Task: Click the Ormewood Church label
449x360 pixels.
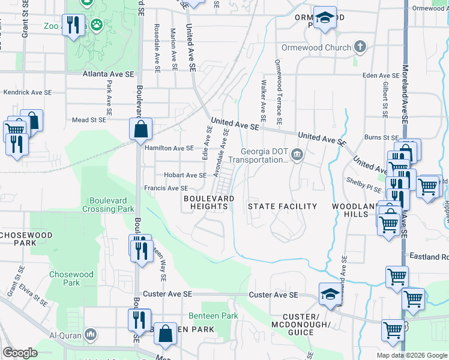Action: [316, 47]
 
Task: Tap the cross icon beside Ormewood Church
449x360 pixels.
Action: [360, 46]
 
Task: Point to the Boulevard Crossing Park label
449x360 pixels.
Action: [111, 205]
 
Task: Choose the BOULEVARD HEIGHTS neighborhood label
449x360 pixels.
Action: [209, 202]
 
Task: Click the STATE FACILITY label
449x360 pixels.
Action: [283, 206]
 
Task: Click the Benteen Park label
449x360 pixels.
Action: [213, 316]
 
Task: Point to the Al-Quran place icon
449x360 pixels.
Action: [90, 334]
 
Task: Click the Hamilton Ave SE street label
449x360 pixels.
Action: [169, 148]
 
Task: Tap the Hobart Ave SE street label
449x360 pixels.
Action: [185, 175]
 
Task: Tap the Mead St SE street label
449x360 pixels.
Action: [88, 120]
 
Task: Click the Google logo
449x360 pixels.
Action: [20, 353]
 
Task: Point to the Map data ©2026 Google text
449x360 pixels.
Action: [411, 355]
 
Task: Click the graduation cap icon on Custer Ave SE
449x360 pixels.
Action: [330, 293]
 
